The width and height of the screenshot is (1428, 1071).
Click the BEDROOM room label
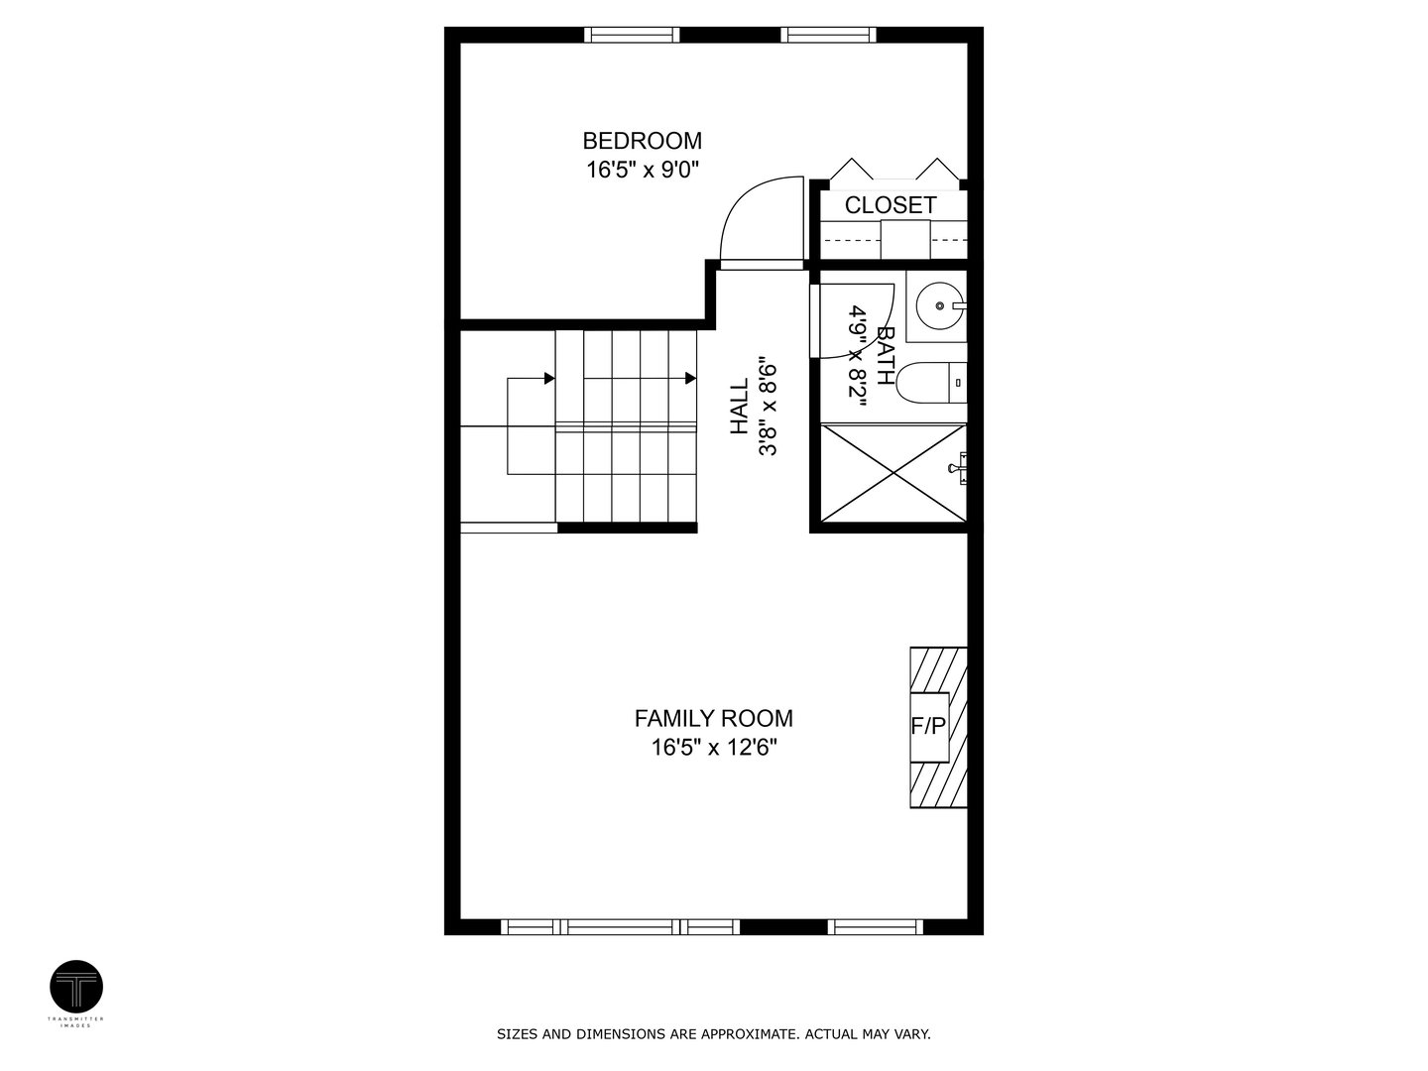[642, 141]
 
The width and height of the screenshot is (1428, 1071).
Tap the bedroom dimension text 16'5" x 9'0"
[642, 171]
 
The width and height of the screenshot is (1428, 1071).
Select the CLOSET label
[890, 205]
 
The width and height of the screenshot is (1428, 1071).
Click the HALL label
[740, 408]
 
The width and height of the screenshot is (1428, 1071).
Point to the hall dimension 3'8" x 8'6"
[767, 408]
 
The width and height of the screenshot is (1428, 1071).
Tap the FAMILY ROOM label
[713, 718]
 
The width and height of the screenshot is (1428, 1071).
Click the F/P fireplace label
[928, 726]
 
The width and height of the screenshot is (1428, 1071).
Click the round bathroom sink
[935, 303]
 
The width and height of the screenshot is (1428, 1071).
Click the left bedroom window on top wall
[633, 35]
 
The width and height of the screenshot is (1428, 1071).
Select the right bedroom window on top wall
[829, 35]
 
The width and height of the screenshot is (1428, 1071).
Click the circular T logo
[76, 987]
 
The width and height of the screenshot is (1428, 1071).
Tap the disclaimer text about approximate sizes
[713, 1034]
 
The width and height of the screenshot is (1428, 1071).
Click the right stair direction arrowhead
[688, 378]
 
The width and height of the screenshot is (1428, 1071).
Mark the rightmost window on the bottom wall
[875, 927]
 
